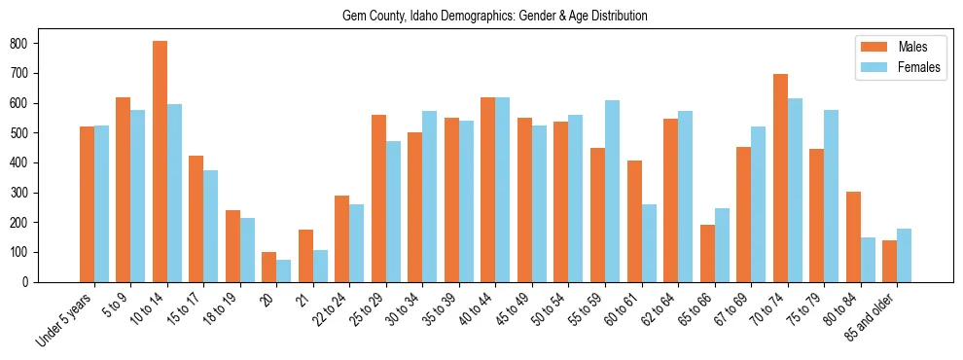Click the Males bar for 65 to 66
(x=707, y=253)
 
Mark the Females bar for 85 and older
(x=905, y=255)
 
